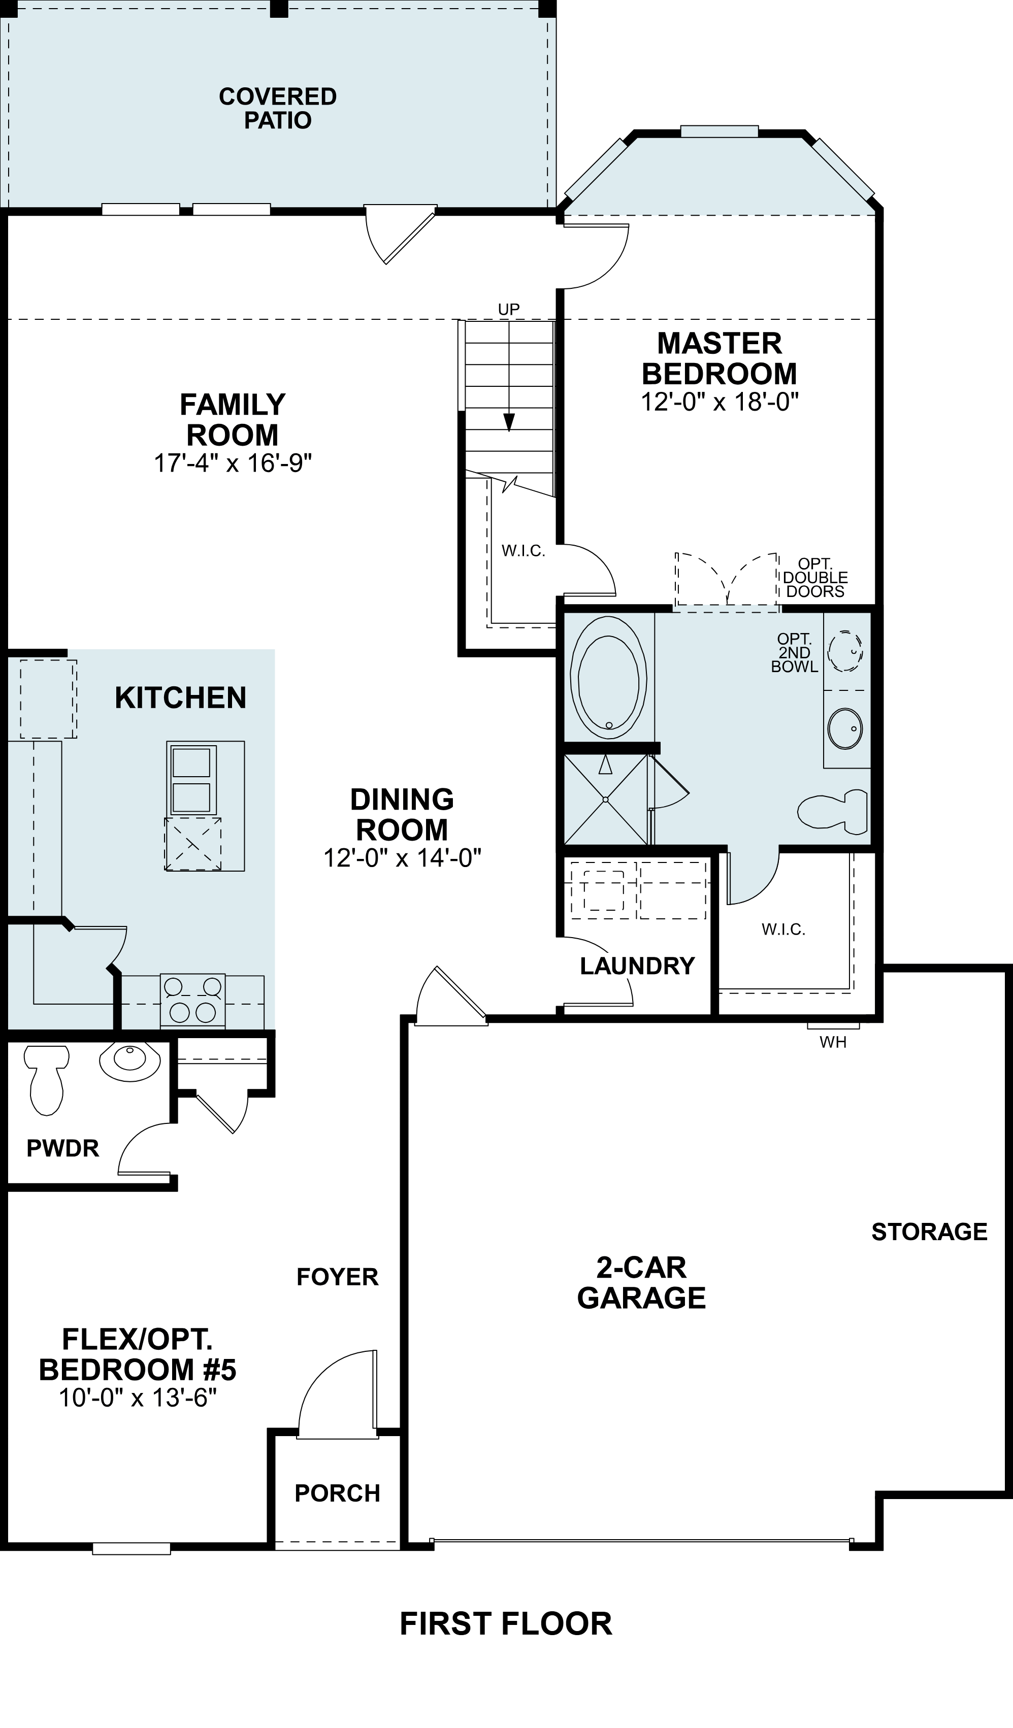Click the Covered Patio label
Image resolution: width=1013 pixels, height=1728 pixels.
click(x=278, y=108)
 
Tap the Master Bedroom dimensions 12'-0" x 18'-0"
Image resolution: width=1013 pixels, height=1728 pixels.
click(x=720, y=402)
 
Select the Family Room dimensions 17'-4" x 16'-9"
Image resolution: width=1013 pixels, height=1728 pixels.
click(x=233, y=463)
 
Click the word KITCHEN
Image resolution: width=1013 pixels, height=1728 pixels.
click(x=180, y=698)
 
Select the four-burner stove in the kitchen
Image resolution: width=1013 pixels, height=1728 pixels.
click(x=193, y=1001)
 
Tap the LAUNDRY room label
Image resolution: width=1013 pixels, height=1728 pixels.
click(x=637, y=966)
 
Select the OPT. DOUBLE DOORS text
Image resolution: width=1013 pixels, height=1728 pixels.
click(x=815, y=578)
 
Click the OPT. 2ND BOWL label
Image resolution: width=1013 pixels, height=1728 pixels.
click(x=794, y=653)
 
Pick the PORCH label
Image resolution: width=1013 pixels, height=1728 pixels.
click(x=338, y=1493)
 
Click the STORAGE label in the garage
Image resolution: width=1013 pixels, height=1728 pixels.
click(x=929, y=1232)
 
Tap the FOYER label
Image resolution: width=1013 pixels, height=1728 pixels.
click(x=338, y=1277)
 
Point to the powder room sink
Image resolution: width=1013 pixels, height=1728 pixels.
click(x=129, y=1059)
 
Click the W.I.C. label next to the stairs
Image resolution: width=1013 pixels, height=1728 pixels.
click(x=524, y=551)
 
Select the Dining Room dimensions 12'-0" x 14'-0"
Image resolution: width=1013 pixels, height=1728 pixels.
click(x=403, y=858)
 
